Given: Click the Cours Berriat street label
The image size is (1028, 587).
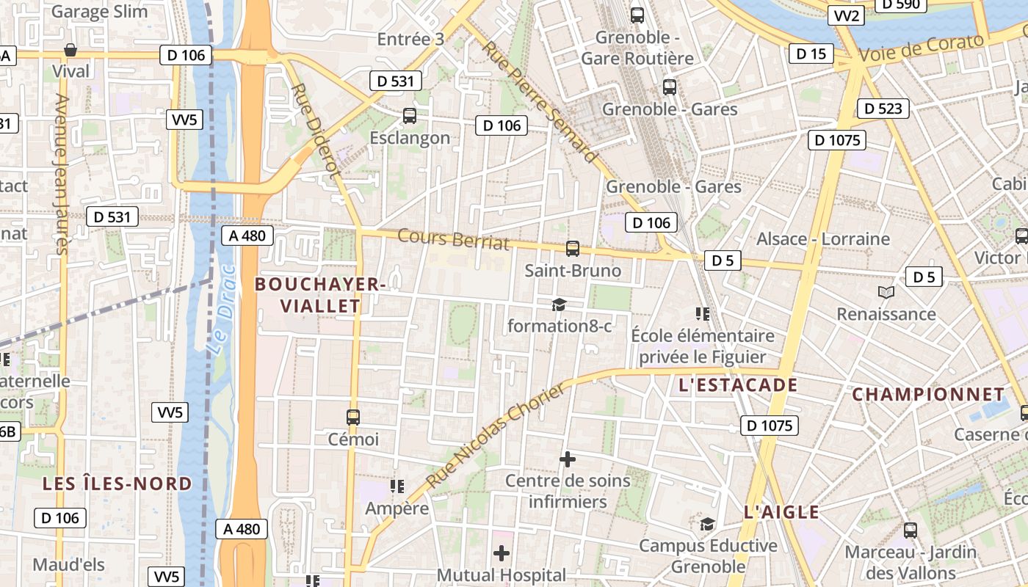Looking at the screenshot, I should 453,239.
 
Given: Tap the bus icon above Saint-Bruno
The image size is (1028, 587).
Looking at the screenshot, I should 573,249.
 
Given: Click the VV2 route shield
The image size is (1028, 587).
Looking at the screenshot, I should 847,16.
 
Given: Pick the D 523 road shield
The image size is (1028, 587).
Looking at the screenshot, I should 883,109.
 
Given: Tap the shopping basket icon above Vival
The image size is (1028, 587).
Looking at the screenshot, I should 70,50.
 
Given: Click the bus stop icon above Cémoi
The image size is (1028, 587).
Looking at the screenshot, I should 353,417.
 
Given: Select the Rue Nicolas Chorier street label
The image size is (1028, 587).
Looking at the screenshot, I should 496,437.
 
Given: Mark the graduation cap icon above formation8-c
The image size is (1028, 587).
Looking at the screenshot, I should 560,305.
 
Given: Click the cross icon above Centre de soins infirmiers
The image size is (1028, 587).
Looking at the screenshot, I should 568,459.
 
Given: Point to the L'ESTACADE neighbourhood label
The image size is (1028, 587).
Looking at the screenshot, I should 738,385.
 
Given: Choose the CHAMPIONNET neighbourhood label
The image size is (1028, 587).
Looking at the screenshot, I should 927,394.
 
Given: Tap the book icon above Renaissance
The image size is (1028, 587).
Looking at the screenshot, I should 886,292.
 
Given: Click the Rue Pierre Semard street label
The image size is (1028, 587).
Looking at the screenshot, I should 540,102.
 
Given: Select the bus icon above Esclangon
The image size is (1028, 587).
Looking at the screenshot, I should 410,115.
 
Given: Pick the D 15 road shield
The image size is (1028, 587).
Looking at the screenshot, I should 811,54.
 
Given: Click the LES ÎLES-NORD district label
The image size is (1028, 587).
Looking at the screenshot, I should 117,484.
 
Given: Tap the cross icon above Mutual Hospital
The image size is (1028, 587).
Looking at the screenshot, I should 502,553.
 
